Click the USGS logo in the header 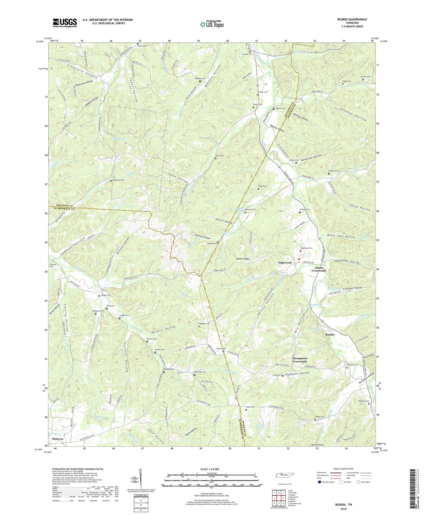(65, 23)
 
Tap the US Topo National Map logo (211, 24)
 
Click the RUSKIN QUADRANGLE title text (348, 19)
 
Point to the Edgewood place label (285, 263)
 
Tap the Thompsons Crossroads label (300, 360)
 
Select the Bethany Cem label (200, 78)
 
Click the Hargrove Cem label (204, 324)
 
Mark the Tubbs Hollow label (178, 176)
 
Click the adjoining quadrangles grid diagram (278, 498)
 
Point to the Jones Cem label (220, 156)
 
